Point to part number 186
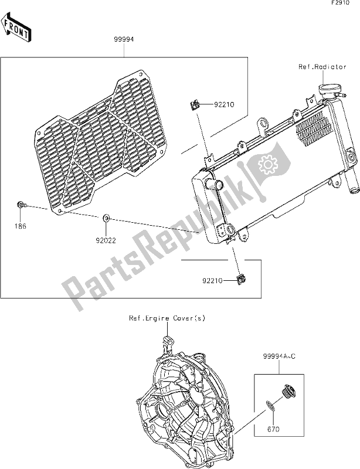[x=21, y=225]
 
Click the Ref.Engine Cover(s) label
[x=167, y=318]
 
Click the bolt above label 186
[x=20, y=204]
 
